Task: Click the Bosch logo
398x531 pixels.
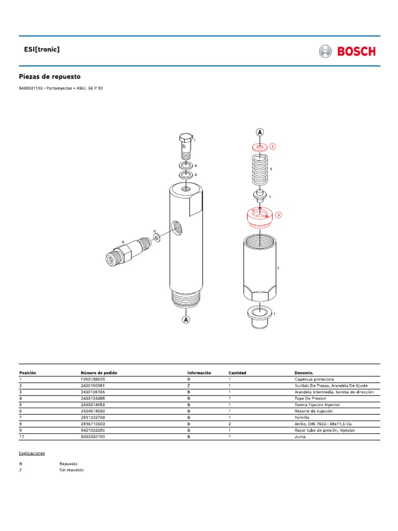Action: click(347, 51)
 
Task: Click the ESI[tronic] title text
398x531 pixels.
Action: click(39, 49)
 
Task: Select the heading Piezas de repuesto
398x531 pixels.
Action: click(50, 76)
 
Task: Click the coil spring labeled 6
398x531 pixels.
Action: click(260, 169)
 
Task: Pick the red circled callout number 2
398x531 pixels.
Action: click(273, 146)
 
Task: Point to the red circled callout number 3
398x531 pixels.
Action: click(278, 215)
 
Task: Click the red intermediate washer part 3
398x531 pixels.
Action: click(259, 216)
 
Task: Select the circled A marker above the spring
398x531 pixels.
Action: click(259, 132)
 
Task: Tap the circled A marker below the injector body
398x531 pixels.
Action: click(185, 320)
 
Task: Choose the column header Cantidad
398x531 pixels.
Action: click(237, 373)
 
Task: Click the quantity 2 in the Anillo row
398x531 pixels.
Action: click(230, 424)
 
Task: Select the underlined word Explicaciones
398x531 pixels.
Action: click(32, 453)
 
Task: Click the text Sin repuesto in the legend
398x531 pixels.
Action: click(71, 470)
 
